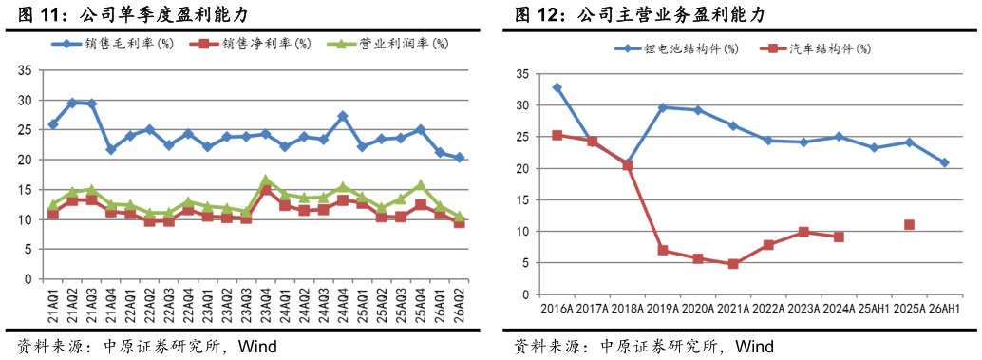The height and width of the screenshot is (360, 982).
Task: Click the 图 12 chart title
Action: click(639, 14)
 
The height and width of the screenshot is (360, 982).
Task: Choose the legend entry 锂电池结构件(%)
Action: click(675, 48)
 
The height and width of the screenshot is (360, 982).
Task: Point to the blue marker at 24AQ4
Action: click(342, 117)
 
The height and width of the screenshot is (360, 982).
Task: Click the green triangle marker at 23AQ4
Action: click(266, 180)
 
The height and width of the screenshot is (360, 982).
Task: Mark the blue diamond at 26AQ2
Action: click(459, 158)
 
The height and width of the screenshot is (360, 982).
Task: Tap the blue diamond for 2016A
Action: click(557, 87)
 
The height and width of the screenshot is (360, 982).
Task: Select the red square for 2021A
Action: click(733, 264)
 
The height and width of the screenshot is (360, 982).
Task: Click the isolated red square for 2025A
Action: click(910, 225)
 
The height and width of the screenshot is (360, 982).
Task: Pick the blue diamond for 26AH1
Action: click(944, 162)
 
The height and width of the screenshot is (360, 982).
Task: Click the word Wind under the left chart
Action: click(256, 346)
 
